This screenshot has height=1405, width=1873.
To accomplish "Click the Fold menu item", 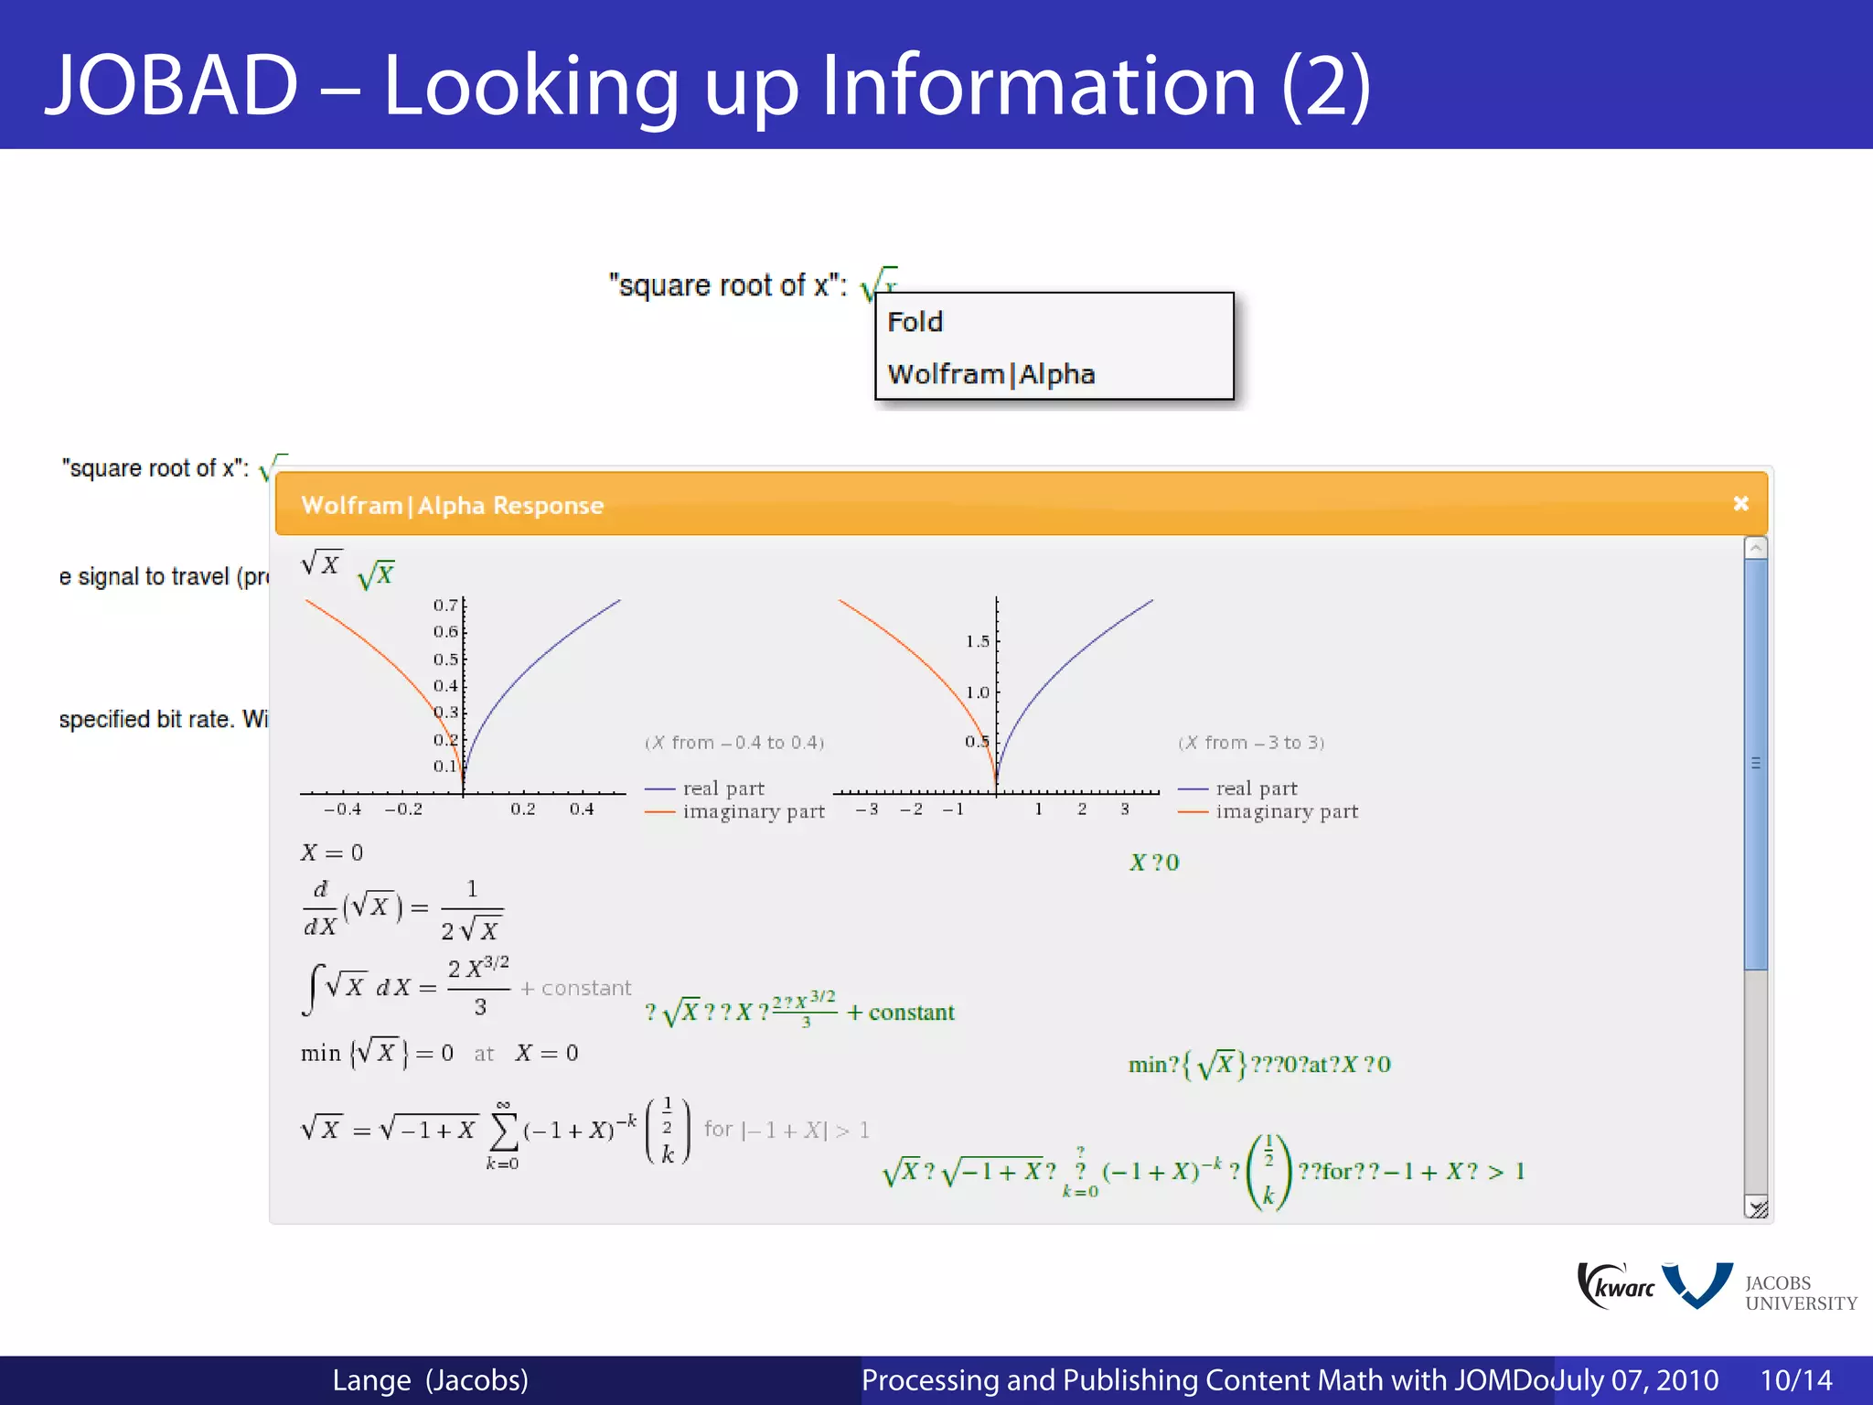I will pos(915,322).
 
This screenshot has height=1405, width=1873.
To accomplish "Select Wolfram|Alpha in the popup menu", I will pos(991,374).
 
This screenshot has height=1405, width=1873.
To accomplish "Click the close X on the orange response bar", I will pos(1740,504).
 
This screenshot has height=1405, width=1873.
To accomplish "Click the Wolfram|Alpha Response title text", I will pos(453,505).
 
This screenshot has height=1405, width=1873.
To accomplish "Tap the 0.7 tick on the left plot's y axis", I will pos(446,606).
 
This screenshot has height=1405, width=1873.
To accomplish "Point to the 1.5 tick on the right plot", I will pos(978,641).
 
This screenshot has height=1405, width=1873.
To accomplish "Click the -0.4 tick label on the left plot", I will pos(342,810).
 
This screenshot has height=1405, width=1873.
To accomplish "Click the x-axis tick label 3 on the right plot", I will pos(1125,810).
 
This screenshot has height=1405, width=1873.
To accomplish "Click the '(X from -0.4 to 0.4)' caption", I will pos(734,743).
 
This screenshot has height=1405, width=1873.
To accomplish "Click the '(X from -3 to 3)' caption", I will pos(1251,743).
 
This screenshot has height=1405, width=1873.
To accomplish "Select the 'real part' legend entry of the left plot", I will pos(722,788).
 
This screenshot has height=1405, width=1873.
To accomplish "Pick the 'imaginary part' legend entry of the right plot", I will pos(1286,811).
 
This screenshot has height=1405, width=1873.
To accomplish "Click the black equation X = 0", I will pos(332,853).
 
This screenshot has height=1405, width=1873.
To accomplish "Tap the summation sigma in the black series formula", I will pos(503,1132).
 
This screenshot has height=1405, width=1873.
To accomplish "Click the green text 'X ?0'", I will pos(1154,863).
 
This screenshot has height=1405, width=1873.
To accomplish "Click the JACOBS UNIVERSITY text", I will pos(1800,1292).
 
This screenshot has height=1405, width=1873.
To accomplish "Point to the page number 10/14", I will pos(1796,1380).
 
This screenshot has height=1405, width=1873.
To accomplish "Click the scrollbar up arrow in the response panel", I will pos(1755,548).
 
